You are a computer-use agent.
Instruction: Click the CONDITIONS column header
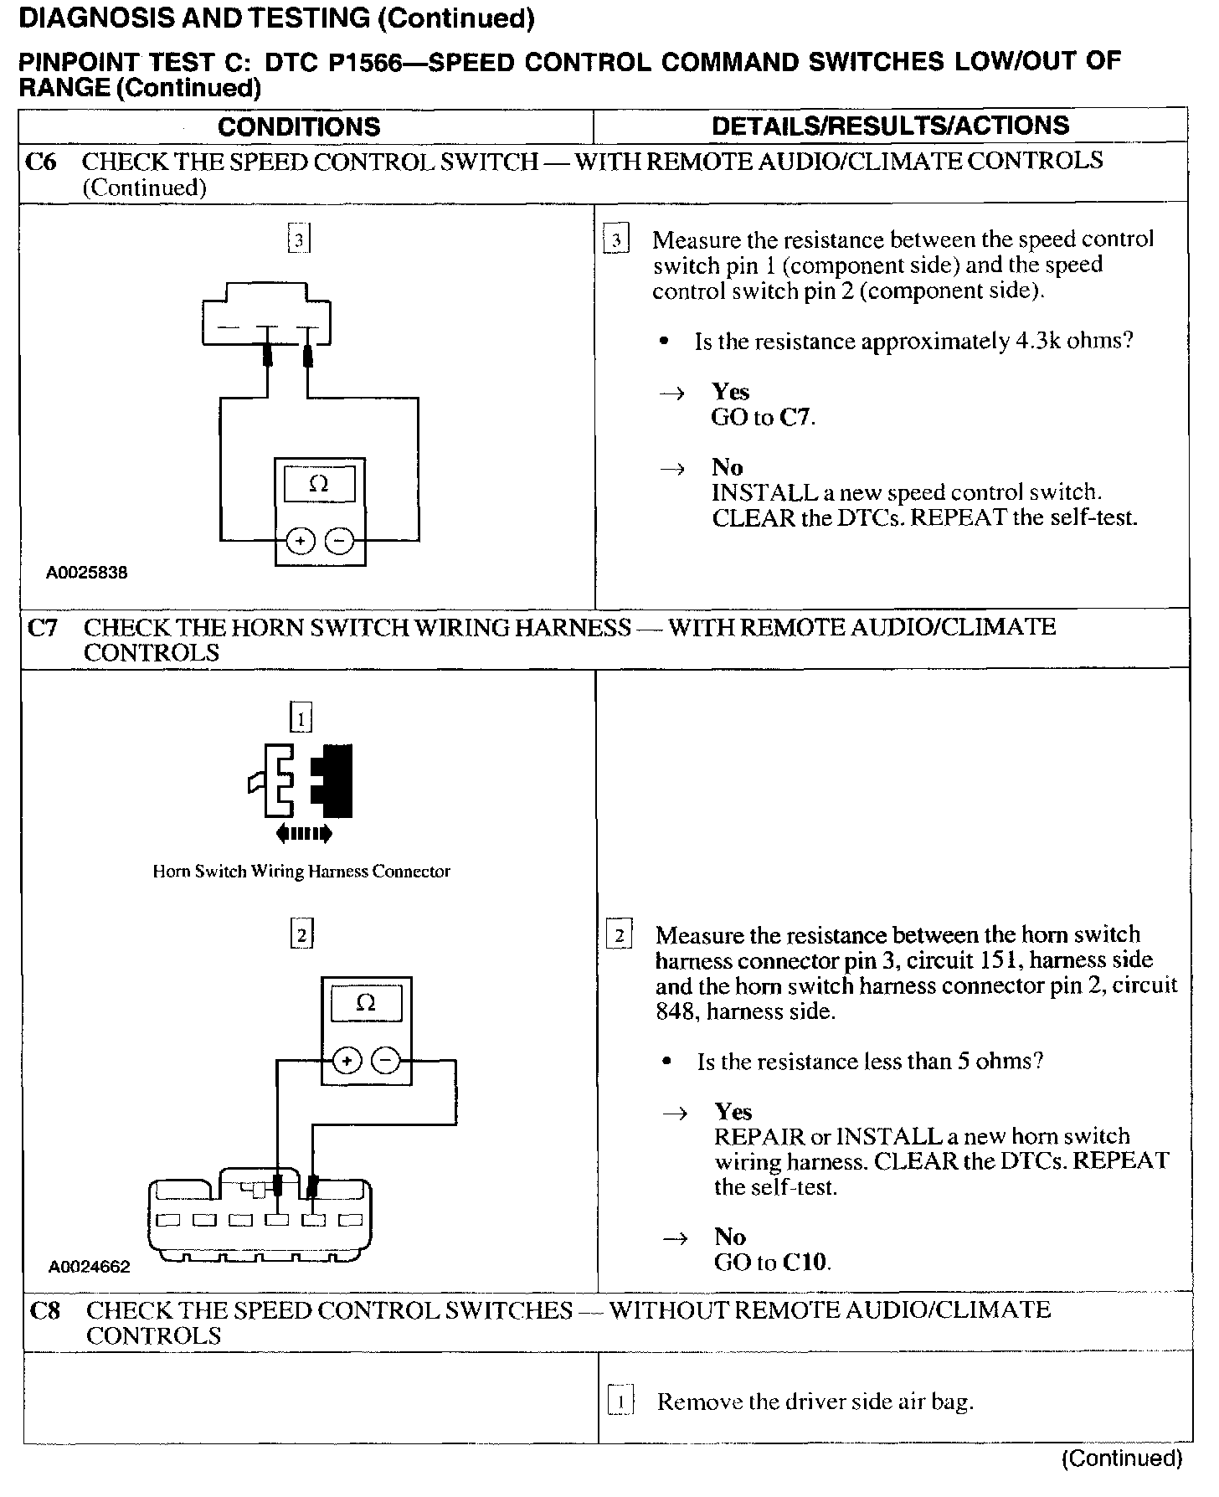coord(299,126)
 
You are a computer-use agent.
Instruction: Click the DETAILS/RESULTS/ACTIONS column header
coord(890,126)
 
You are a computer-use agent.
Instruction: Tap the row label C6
coord(41,161)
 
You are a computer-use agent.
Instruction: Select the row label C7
coord(43,627)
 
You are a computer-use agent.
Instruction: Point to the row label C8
coord(45,1310)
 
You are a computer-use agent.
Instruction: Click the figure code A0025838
coord(87,574)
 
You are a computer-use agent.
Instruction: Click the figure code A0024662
coord(90,1268)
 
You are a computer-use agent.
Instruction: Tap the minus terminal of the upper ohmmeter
coord(339,542)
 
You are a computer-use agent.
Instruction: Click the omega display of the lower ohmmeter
coord(366,1003)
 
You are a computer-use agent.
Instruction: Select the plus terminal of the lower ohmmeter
coord(347,1062)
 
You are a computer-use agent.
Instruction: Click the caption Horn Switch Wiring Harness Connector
coord(301,872)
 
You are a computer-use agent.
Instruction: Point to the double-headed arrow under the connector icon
coord(303,833)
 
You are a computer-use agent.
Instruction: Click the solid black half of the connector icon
coord(334,780)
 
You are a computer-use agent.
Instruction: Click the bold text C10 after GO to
coord(805,1262)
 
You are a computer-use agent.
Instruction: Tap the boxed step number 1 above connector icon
coord(301,718)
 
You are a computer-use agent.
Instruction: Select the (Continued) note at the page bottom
coord(1121,1458)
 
